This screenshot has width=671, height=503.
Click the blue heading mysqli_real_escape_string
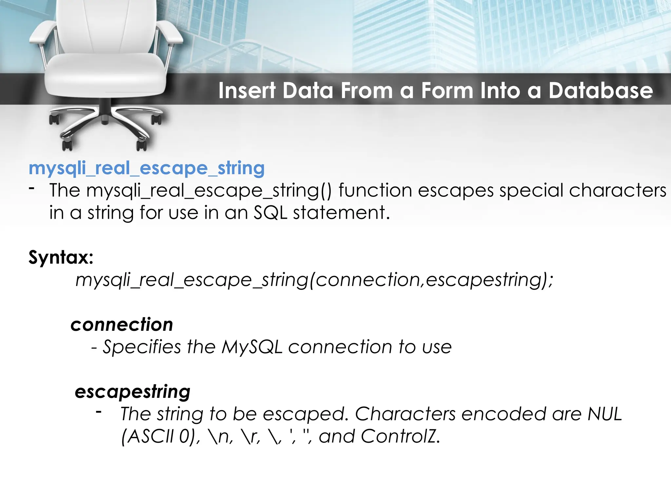pos(146,168)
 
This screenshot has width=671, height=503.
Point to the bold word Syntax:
pos(61,257)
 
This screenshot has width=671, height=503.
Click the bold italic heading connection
pos(122,325)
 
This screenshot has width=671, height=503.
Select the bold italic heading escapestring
pos(132,392)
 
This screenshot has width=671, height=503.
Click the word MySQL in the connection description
pos(252,347)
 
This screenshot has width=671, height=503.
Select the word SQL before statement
pos(270,213)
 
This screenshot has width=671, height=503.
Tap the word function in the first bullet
pos(375,190)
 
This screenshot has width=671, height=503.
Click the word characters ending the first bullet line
pos(617,190)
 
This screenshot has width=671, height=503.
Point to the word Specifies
pos(142,347)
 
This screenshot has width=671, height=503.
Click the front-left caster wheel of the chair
pos(67,144)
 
